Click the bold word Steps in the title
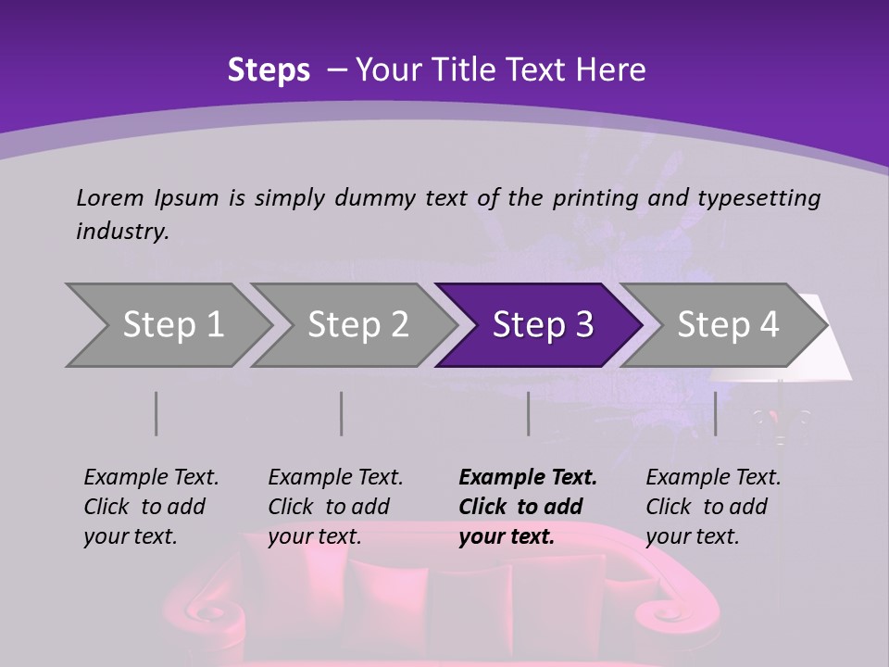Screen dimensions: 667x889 pyautogui.click(x=269, y=70)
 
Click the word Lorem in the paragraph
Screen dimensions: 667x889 pyautogui.click(x=109, y=197)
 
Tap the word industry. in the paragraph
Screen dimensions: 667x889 pyautogui.click(x=122, y=232)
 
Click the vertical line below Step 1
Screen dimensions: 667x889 pyautogui.click(x=156, y=413)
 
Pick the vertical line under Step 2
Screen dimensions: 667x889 pyautogui.click(x=342, y=413)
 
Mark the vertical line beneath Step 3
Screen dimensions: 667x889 pyautogui.click(x=528, y=413)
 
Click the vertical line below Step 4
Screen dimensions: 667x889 pyautogui.click(x=715, y=413)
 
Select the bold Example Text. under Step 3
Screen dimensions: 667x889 pyautogui.click(x=528, y=477)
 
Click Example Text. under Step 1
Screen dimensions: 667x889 pyautogui.click(x=151, y=477)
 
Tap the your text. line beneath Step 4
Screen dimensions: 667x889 pyautogui.click(x=692, y=536)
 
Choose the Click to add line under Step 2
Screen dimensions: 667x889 pyautogui.click(x=329, y=507)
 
